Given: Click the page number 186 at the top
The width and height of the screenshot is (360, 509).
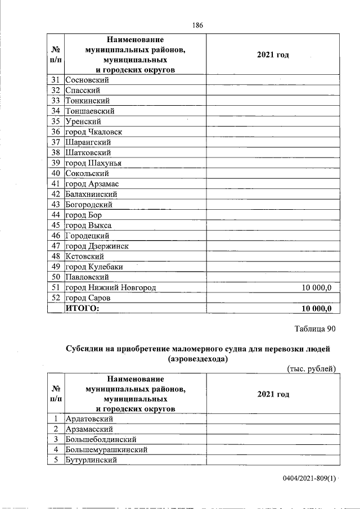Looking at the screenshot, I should coord(197,25).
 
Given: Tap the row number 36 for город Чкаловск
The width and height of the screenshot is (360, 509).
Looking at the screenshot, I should coord(56,132).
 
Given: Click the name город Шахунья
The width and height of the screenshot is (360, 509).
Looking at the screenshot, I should coord(93,163).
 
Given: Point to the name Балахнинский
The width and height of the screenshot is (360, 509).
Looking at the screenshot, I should coord(91,194).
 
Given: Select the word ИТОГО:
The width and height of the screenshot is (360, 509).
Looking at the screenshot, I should coord(82,308).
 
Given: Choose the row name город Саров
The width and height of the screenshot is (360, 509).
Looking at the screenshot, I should coord(88,298).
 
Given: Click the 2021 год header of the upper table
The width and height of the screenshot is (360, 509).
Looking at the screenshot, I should coord(273,55).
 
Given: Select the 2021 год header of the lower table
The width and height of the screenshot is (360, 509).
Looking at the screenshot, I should coord(273,394).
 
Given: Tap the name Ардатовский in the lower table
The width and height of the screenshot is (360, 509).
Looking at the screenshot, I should coord(90,419).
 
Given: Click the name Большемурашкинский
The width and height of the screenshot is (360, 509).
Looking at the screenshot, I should coord(106,450).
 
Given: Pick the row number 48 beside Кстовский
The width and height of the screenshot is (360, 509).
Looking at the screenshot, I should coord(56,256).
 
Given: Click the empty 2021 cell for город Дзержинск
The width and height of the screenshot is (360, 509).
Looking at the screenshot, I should coord(273,246).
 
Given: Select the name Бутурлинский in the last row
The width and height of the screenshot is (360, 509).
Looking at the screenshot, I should coord(91,460).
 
